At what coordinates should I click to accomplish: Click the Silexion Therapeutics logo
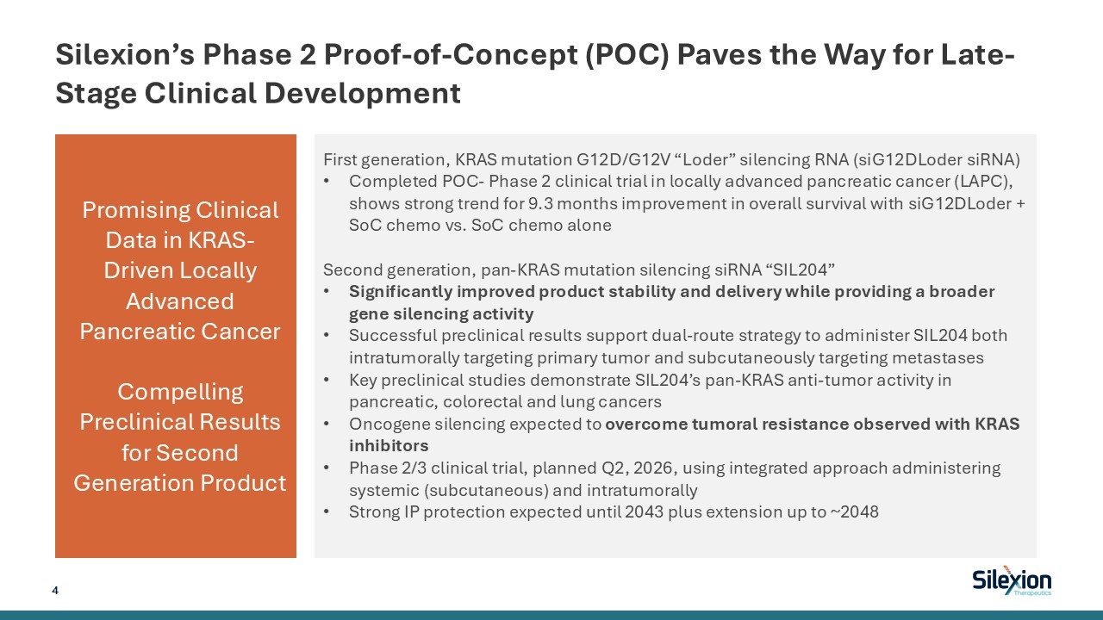click(1012, 580)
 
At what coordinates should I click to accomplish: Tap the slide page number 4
click(55, 590)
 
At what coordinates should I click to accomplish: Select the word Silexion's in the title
click(125, 54)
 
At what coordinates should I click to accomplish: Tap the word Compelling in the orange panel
click(180, 392)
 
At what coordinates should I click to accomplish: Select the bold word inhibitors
click(389, 445)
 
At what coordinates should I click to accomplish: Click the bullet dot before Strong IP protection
click(326, 512)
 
